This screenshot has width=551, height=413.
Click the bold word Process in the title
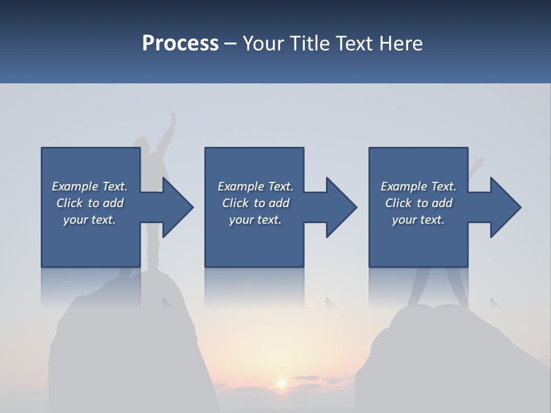coord(180,44)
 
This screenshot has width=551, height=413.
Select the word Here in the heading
coord(400,44)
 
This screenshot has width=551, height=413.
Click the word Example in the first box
coord(75,186)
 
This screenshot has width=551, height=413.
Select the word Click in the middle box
coord(235,203)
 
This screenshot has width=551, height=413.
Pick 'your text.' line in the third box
coord(418,220)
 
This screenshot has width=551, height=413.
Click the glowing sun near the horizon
coord(281,382)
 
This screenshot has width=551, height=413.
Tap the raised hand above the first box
coord(173,120)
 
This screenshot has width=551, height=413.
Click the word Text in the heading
coord(354,44)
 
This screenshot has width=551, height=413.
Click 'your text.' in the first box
coord(90,220)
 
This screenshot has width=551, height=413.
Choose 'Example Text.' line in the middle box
coord(255,186)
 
